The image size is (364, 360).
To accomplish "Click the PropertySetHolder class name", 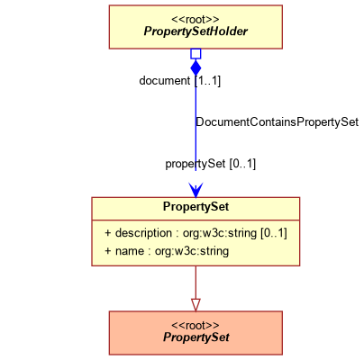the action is [x=196, y=31].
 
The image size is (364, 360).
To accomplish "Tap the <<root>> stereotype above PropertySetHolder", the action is [x=196, y=20].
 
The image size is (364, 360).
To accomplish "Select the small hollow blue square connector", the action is [x=196, y=54].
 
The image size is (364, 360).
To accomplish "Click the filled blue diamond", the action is [x=196, y=67].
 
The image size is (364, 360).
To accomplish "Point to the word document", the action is [x=165, y=80].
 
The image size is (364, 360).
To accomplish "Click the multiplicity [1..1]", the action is [x=207, y=81].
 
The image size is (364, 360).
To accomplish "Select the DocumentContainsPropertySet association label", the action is [x=277, y=122].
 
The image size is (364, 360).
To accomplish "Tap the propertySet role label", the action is [x=196, y=164].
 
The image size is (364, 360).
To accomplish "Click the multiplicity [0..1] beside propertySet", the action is [x=242, y=164].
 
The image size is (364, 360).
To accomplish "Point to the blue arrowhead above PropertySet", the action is [x=196, y=190].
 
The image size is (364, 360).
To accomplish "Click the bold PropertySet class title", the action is [x=196, y=207].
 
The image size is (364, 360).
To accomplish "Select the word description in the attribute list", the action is [x=143, y=233].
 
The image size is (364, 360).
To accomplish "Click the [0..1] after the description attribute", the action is [x=274, y=233].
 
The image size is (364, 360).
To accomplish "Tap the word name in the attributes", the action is [x=130, y=251].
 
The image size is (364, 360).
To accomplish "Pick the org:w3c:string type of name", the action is [x=192, y=251].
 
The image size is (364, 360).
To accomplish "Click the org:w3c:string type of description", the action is [x=220, y=233].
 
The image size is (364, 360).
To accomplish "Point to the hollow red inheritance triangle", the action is [x=196, y=304].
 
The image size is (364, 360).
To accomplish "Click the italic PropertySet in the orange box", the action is [x=196, y=337].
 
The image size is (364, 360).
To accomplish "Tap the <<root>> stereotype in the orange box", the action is [x=196, y=326].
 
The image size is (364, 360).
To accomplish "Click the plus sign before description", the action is [x=108, y=233].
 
